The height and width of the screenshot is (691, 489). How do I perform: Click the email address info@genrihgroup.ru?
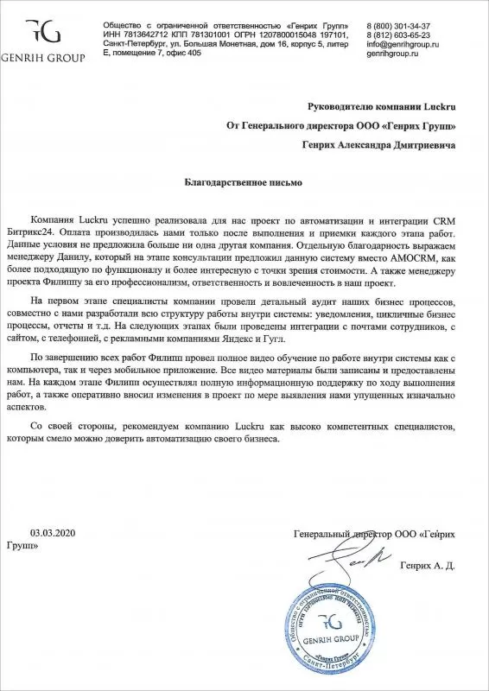pyautogui.click(x=410, y=45)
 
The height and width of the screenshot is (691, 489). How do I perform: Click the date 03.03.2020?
pyautogui.click(x=54, y=535)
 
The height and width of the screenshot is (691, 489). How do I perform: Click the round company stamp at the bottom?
pyautogui.click(x=326, y=633)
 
